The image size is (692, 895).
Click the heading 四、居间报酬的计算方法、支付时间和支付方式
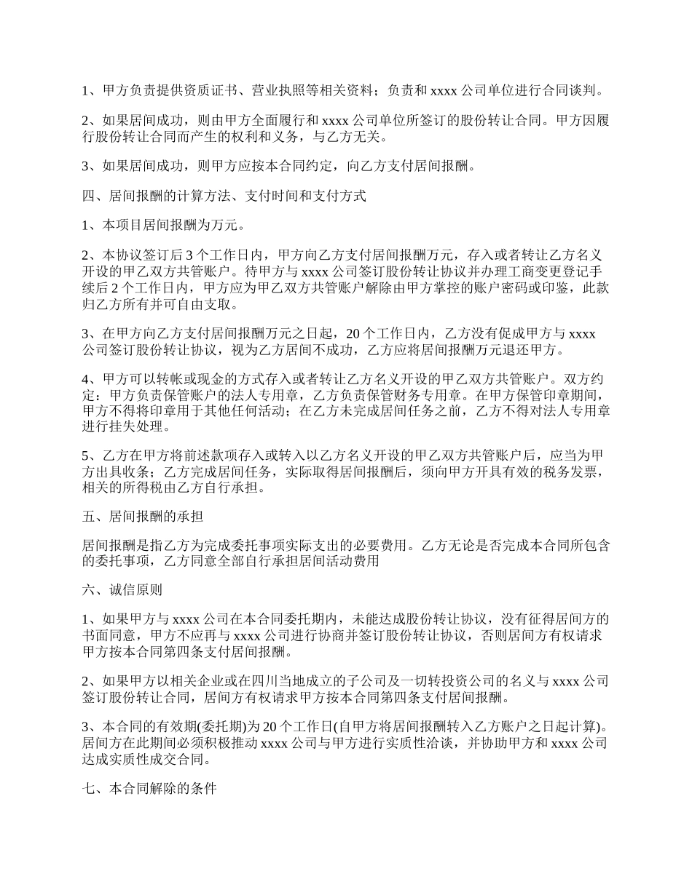tap(224, 196)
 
